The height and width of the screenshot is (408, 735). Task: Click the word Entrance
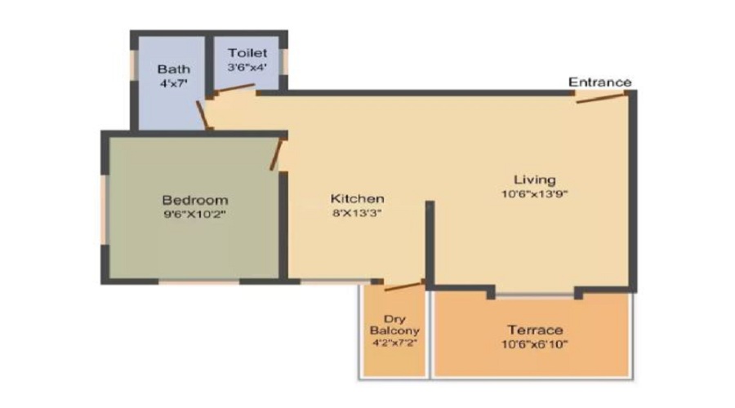(599, 82)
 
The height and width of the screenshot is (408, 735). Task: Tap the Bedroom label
(194, 200)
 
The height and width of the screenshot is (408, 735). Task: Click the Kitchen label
(357, 198)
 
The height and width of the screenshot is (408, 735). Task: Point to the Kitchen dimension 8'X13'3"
(357, 213)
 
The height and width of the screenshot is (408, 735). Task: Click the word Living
(534, 179)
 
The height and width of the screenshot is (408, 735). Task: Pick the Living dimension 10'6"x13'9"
(534, 194)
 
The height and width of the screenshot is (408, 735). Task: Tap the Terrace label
(535, 330)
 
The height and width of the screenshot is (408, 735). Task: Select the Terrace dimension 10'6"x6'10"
(535, 344)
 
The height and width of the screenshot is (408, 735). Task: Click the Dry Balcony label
(394, 325)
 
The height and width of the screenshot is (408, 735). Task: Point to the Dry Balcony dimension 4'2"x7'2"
(394, 344)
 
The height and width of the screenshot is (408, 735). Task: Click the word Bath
(173, 69)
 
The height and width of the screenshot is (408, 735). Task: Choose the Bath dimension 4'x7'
(173, 82)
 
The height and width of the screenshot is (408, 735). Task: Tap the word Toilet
(247, 53)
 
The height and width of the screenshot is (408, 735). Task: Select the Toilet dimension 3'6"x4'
(247, 67)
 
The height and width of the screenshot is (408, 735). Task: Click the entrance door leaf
(601, 98)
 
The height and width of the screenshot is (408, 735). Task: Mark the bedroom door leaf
(277, 154)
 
